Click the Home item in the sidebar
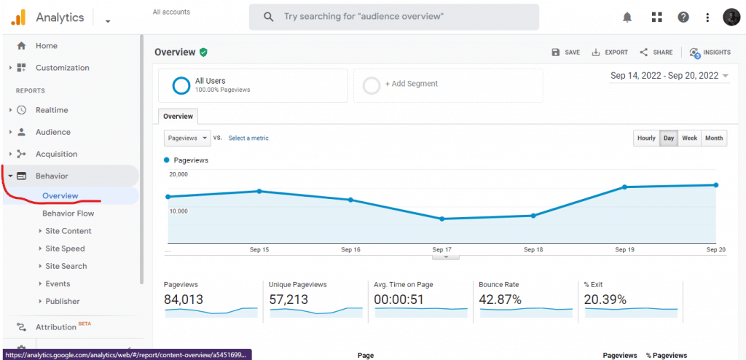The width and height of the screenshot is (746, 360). [46, 46]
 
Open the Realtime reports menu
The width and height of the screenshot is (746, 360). [51, 110]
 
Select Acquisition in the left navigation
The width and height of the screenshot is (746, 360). [56, 154]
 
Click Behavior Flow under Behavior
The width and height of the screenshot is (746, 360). [68, 214]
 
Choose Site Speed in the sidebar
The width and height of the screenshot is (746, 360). [65, 249]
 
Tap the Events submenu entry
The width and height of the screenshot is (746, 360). [58, 283]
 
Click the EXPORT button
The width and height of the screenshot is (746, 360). [610, 52]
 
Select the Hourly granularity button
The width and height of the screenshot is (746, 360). [646, 138]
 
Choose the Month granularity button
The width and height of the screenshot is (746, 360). [714, 138]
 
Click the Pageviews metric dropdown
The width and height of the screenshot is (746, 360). [187, 138]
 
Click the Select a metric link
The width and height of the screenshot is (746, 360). [248, 138]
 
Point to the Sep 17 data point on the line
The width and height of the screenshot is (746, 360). [442, 219]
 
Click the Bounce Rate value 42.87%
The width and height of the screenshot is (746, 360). [500, 300]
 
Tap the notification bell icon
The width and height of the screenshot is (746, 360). [627, 17]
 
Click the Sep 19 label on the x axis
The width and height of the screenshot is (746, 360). [624, 249]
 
